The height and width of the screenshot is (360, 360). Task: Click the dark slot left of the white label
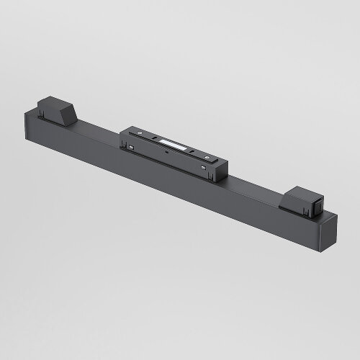(156, 140)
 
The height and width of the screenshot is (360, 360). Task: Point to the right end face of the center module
(219, 171)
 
